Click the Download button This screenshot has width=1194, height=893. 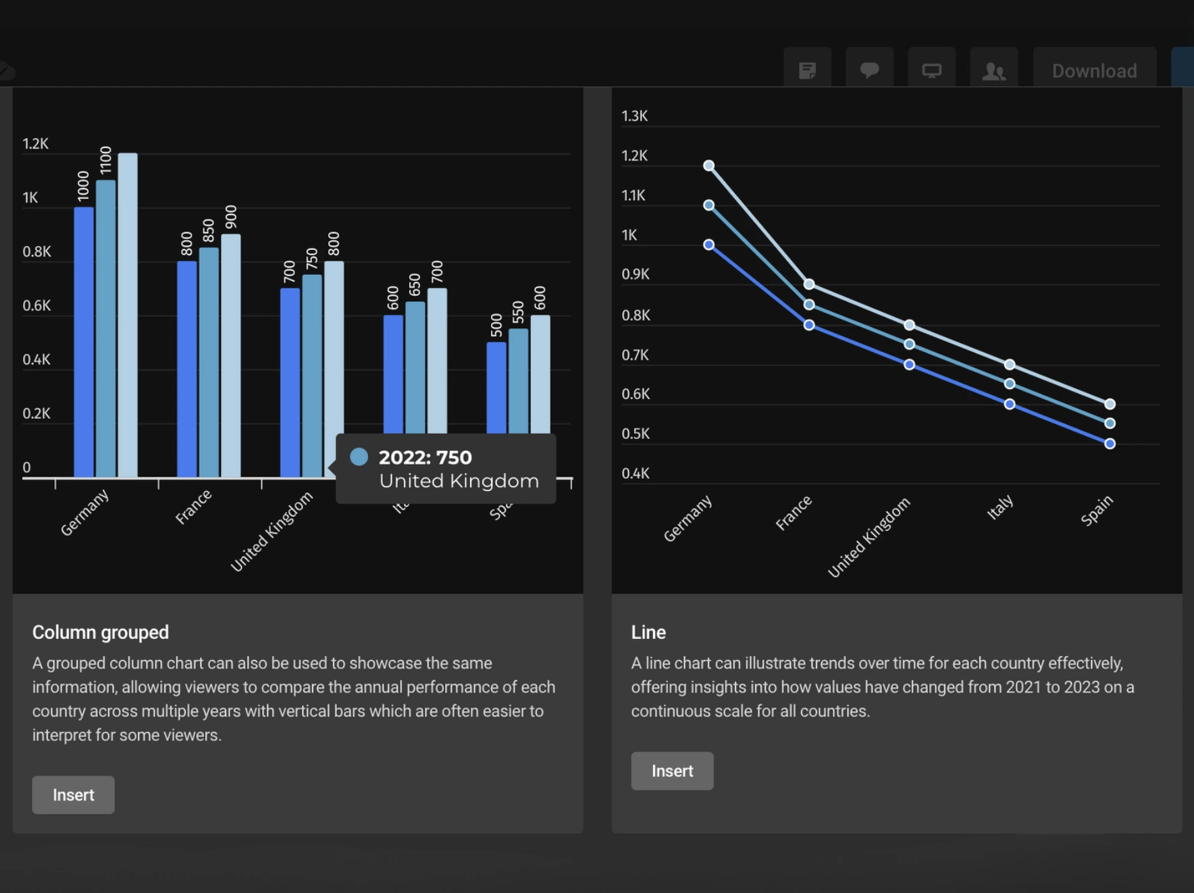click(1094, 70)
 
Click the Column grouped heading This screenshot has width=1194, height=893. click(101, 632)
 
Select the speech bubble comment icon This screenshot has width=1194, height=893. click(869, 70)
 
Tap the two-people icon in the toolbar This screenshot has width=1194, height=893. click(993, 70)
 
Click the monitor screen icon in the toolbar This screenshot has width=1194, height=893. click(931, 70)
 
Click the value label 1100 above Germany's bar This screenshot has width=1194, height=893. click(105, 160)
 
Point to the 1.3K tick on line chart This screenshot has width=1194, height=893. click(634, 116)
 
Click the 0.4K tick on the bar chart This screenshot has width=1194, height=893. click(36, 359)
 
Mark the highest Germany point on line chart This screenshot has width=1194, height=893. click(708, 165)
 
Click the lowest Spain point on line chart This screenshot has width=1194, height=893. click(1110, 444)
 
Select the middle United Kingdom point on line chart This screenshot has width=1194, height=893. click(909, 345)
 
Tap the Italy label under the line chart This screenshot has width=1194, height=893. click(1000, 507)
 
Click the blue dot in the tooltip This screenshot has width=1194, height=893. click(359, 457)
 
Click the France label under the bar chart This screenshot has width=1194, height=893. click(193, 507)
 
